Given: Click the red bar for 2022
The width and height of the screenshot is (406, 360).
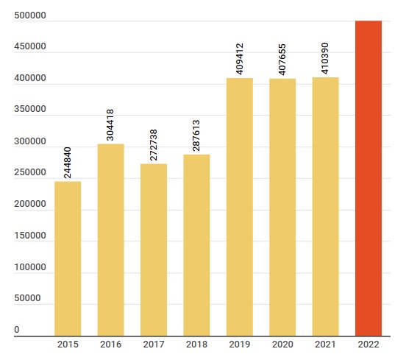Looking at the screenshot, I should pyautogui.click(x=368, y=178).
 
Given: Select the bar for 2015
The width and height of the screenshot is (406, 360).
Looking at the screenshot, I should pyautogui.click(x=68, y=258).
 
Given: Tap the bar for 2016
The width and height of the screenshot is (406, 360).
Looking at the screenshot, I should pyautogui.click(x=110, y=240).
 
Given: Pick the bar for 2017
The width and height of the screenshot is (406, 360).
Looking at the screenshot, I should pyautogui.click(x=154, y=250).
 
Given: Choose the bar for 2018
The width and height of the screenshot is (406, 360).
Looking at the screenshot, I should pyautogui.click(x=196, y=245).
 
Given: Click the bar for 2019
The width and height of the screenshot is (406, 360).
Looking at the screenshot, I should pyautogui.click(x=240, y=207).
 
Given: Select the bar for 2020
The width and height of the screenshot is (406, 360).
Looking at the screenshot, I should pyautogui.click(x=282, y=208).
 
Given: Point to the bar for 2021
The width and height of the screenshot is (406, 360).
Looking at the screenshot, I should pyautogui.click(x=325, y=207).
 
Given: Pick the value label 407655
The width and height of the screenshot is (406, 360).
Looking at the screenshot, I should pyautogui.click(x=282, y=57).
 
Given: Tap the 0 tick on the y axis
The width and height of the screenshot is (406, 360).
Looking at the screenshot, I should pyautogui.click(x=16, y=331).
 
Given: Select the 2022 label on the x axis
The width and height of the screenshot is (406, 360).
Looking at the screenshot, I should pyautogui.click(x=368, y=345).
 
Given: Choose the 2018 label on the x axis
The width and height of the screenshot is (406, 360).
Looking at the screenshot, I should pyautogui.click(x=196, y=345).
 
